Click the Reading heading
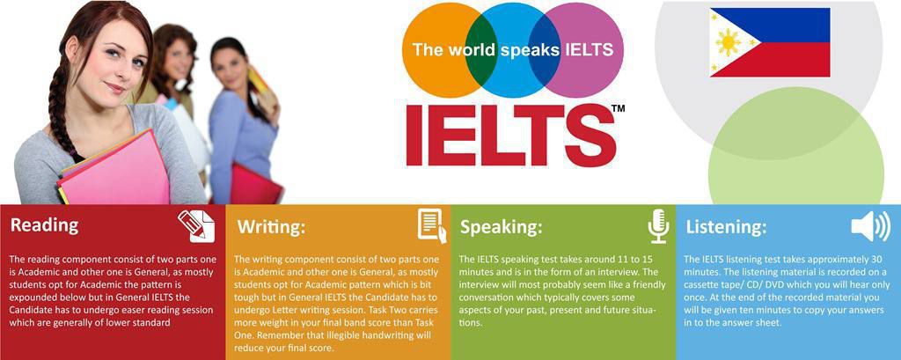(45, 224)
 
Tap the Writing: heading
(272, 227)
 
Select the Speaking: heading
(501, 227)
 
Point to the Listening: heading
(726, 227)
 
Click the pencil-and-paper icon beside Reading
(196, 226)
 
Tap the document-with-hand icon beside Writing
(432, 225)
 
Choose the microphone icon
(658, 226)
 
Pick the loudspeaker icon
(870, 226)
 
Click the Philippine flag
(770, 42)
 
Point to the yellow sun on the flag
(729, 42)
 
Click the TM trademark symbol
(618, 108)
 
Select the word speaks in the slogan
(530, 50)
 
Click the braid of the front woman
(59, 109)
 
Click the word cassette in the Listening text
(704, 285)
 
